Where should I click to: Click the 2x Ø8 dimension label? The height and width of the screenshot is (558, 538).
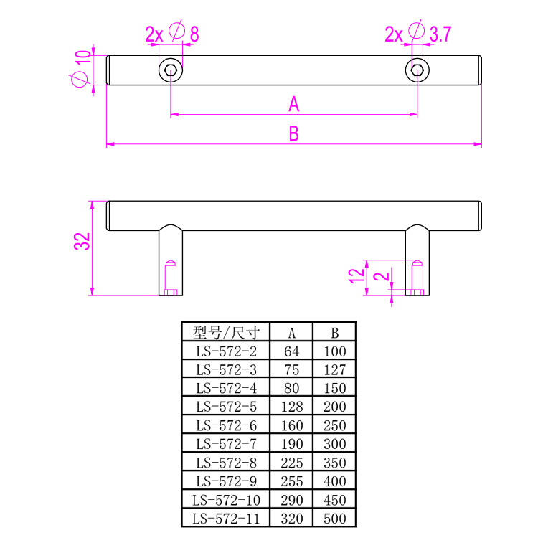point(171,33)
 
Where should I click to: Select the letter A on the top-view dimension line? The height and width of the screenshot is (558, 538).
point(293,105)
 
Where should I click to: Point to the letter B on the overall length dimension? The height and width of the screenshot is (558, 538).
point(293,134)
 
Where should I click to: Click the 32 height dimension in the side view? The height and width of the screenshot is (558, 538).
point(82,241)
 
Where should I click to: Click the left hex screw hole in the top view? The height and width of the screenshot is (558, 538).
point(171,70)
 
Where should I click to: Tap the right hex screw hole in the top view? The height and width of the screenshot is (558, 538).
point(417,70)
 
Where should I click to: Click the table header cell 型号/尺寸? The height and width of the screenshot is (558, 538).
point(225,332)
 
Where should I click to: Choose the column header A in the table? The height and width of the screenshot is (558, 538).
point(292,333)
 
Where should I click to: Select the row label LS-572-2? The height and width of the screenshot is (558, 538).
point(225,351)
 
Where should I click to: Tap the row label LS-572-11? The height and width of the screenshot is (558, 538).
point(225,519)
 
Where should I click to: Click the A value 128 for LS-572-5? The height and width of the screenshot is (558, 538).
point(292,407)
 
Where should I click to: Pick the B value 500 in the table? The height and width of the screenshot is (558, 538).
point(334,519)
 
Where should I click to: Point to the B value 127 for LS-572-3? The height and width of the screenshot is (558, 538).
point(334,370)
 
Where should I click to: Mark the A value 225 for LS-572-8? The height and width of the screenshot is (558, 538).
point(292,463)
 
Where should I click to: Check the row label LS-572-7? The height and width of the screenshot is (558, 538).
point(225,444)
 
